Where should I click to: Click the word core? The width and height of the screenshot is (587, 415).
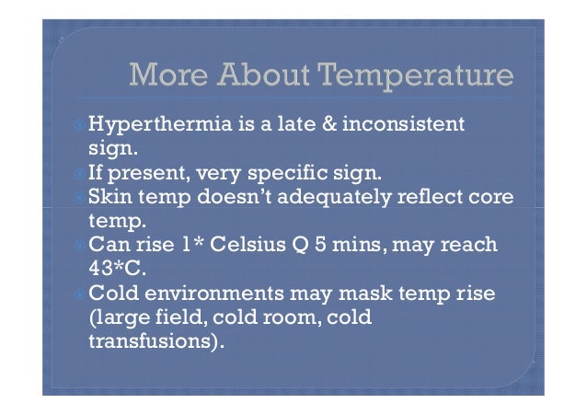pyautogui.click(x=491, y=195)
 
